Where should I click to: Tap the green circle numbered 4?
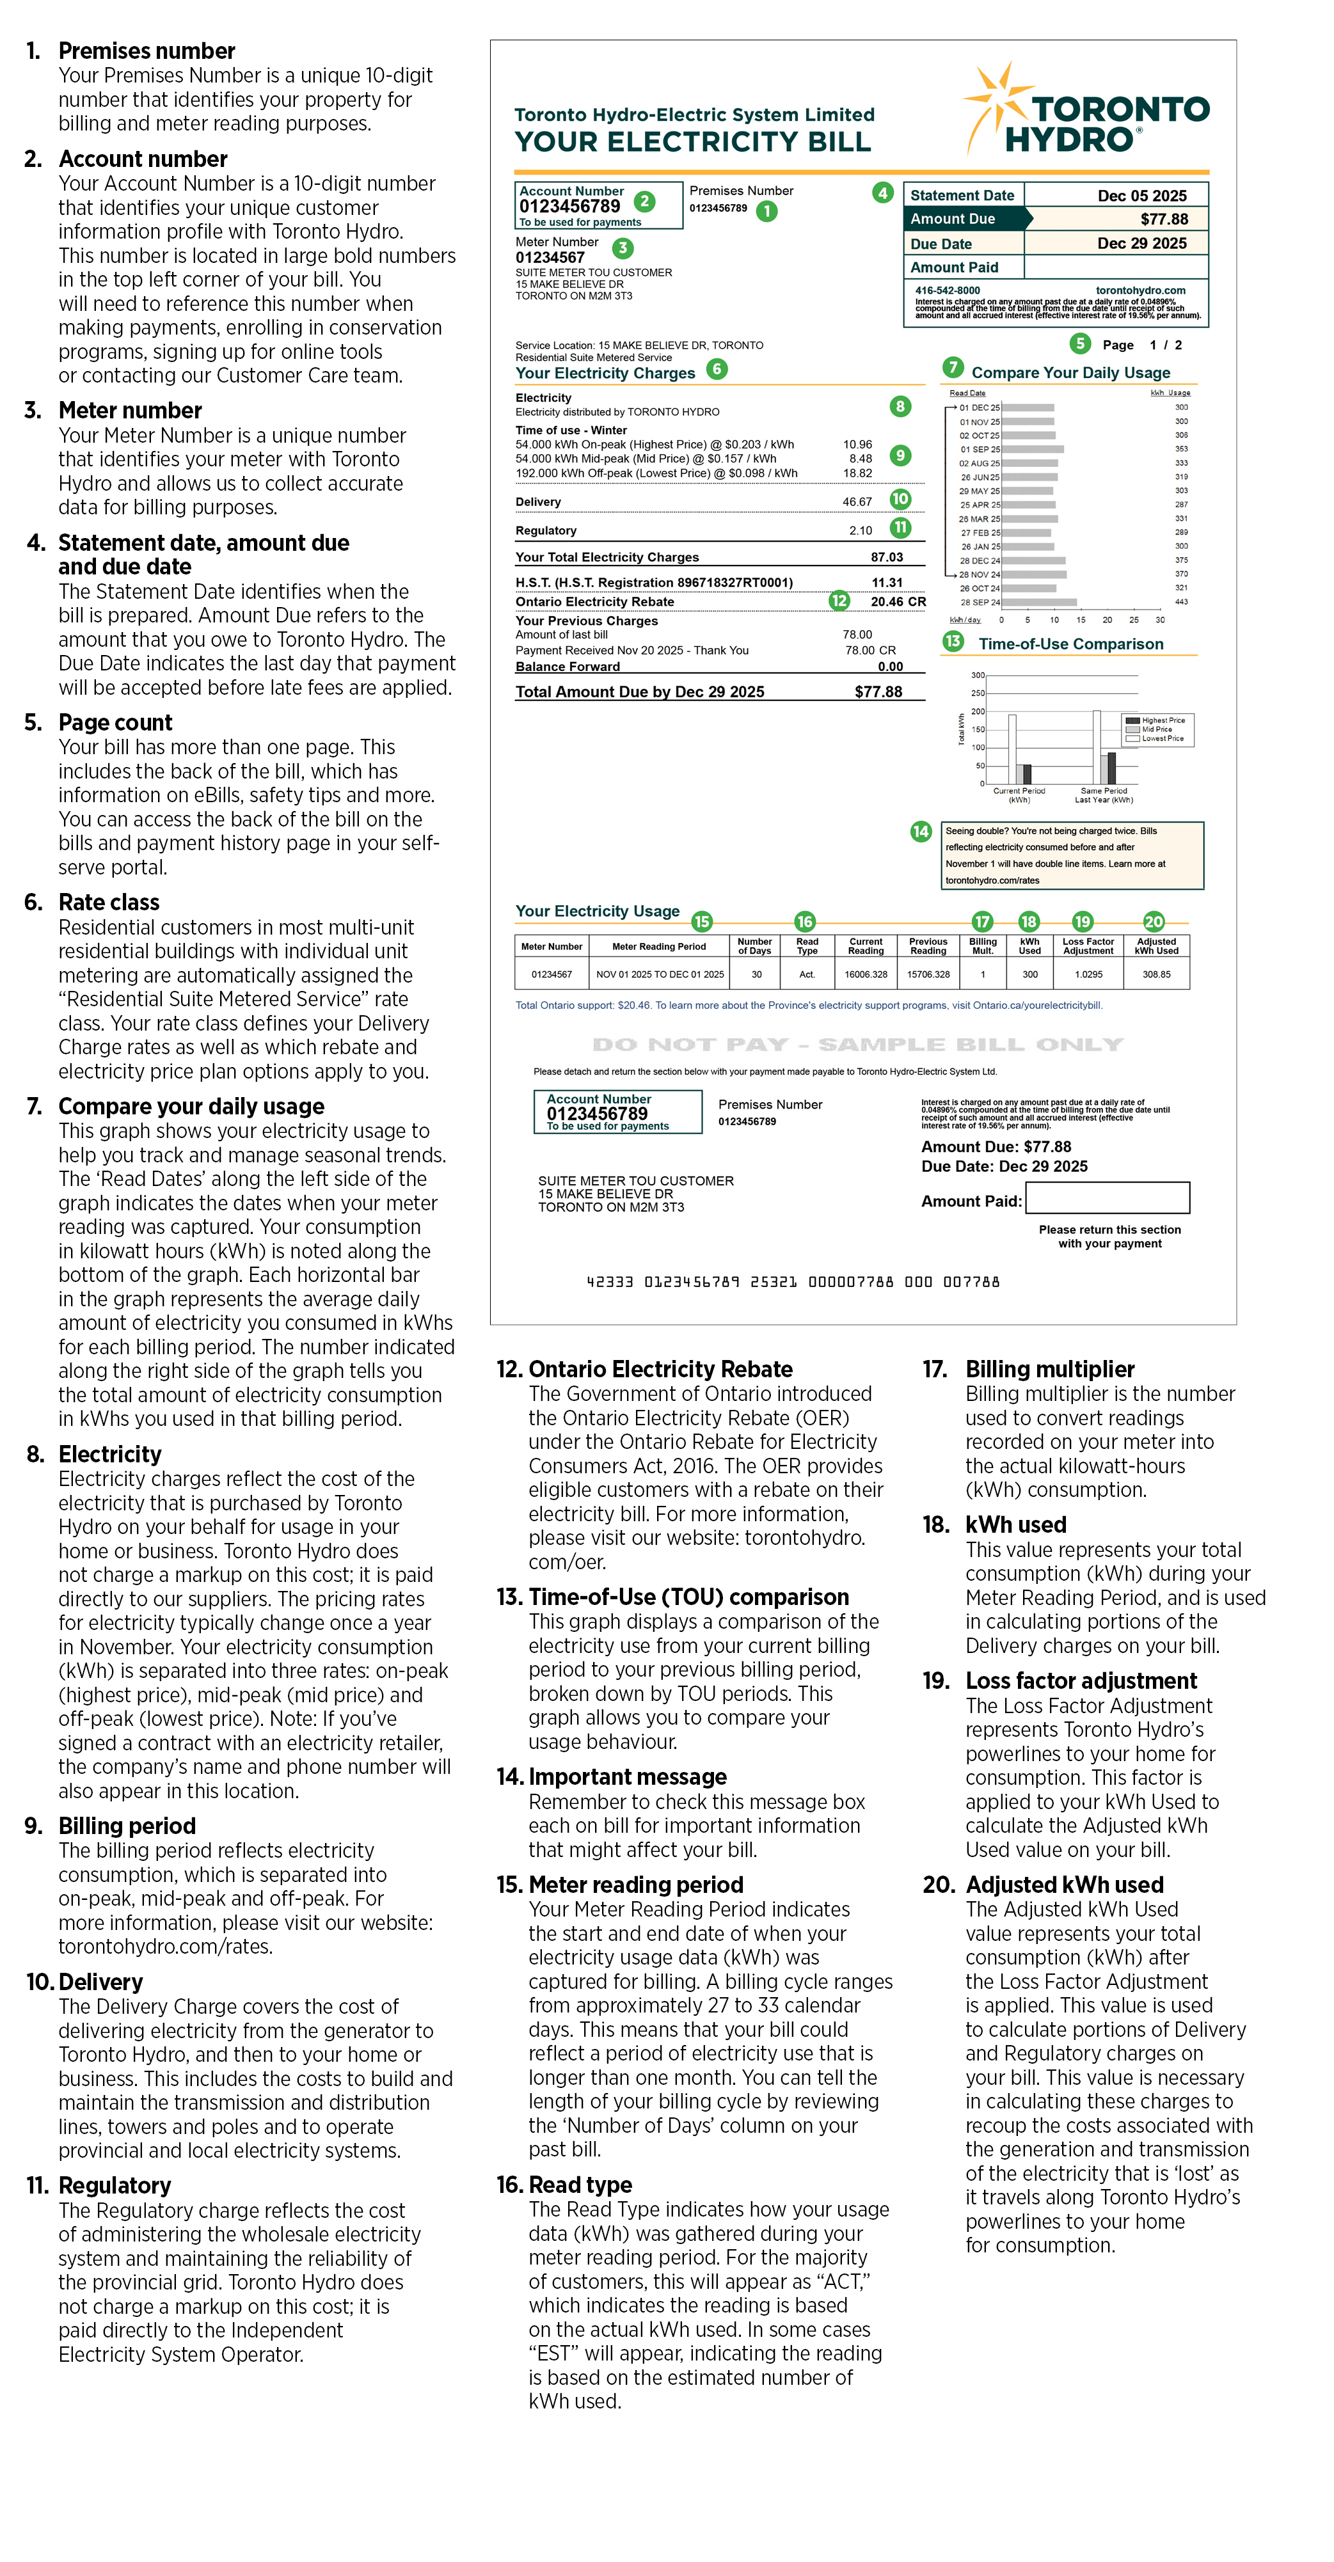882,193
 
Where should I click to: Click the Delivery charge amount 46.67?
857,502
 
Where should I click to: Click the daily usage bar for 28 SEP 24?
1040,603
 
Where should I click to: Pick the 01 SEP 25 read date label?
980,450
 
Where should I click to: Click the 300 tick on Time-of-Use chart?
978,676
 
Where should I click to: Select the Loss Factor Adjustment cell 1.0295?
1088,975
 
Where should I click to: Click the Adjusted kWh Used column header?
1156,946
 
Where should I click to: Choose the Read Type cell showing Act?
807,975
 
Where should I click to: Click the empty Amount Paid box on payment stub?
1108,1198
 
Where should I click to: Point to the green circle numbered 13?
953,642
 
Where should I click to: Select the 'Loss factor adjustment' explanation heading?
1081,1681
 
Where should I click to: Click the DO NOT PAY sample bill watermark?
857,1044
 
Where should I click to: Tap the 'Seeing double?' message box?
1072,855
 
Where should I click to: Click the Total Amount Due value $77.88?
878,692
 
